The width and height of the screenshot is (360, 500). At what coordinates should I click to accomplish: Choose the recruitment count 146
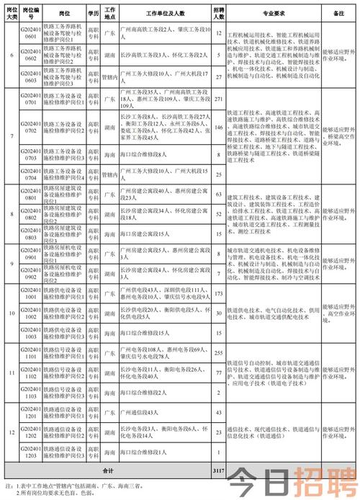point(217,127)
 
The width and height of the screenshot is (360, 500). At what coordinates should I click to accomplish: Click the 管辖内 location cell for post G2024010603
point(109,74)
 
